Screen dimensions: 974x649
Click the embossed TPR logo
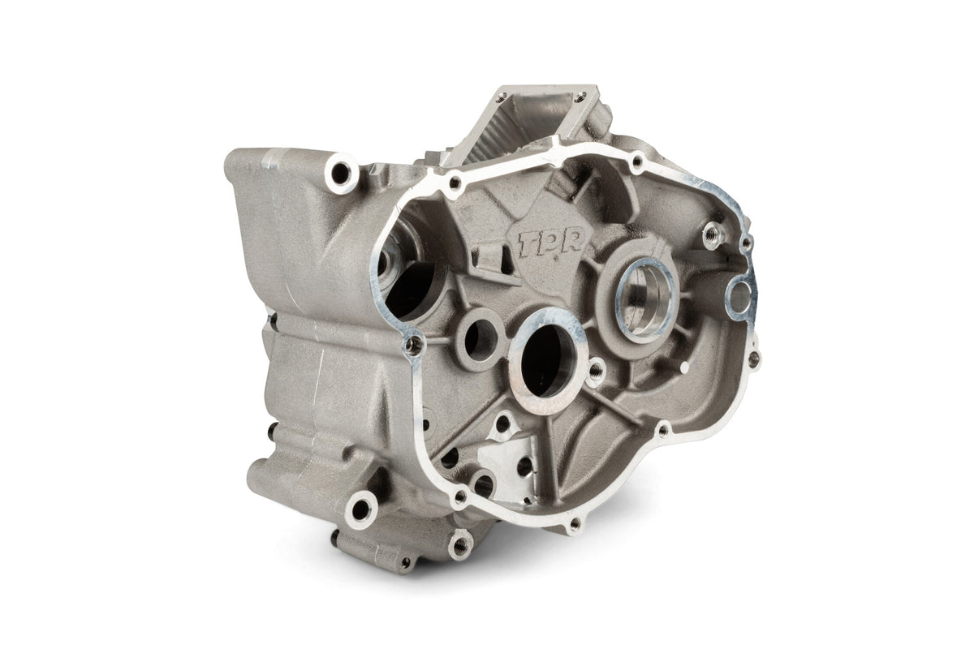pos(551,245)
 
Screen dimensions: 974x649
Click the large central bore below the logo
pos(548,360)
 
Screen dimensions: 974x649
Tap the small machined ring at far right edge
pos(740,297)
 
